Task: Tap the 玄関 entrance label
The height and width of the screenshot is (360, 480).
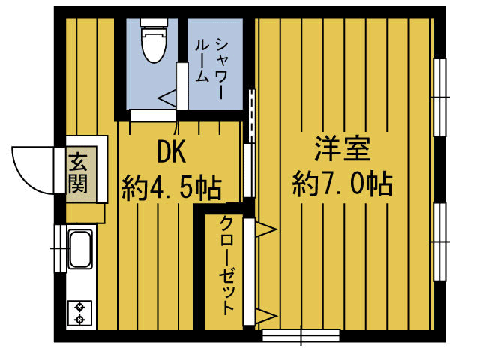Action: pos(77,172)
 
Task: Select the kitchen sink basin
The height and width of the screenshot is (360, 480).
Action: pos(79,250)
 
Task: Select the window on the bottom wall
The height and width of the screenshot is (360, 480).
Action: pos(300,334)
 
